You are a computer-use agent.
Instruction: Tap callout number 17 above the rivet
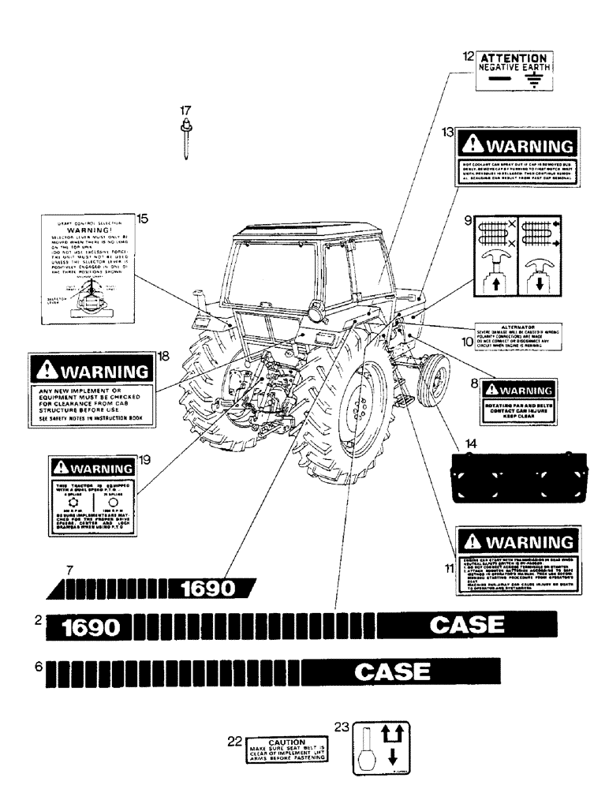[x=185, y=111]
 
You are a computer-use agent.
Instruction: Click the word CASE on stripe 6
[x=392, y=672]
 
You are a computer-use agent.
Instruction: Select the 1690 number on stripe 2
[x=91, y=628]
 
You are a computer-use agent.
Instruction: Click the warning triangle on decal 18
[x=48, y=372]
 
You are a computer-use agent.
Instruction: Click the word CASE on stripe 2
[x=466, y=626]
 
